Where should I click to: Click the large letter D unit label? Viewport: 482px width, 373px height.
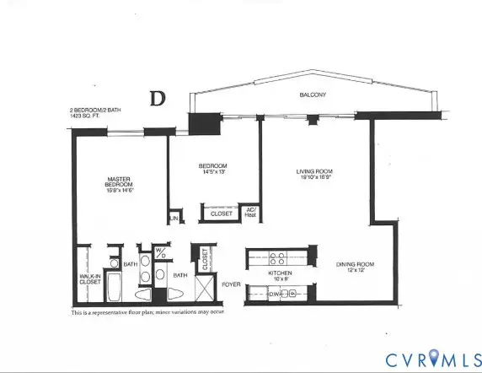point(157,98)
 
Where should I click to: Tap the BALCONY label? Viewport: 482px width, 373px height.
point(313,95)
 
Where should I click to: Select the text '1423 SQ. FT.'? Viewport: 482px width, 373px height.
point(88,116)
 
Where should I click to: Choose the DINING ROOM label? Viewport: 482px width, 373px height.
point(354,265)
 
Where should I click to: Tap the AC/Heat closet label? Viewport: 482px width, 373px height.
point(250,213)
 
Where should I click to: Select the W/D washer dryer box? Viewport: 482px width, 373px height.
point(160,253)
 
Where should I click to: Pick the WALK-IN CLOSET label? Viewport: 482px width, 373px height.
point(90,278)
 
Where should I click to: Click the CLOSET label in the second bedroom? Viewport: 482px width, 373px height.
point(221,214)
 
